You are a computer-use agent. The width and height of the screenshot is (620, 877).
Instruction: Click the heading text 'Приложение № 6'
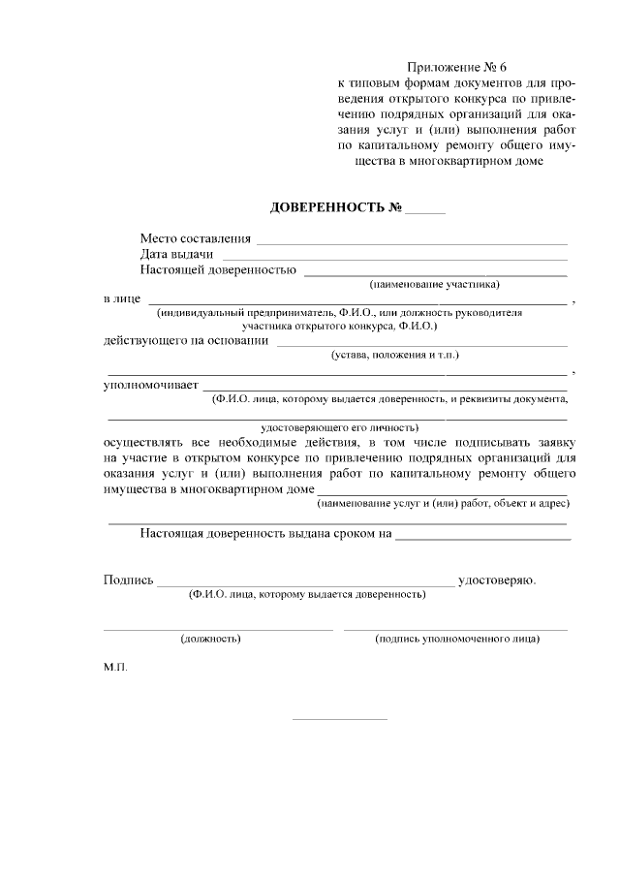pos(456,68)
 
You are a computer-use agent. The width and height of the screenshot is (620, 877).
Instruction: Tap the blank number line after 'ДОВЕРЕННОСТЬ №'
pos(425,211)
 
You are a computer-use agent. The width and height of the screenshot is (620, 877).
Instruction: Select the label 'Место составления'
pos(195,238)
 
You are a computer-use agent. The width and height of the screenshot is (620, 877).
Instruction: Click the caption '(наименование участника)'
pos(435,285)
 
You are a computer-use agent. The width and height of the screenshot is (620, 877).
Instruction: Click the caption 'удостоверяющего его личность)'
pos(339,426)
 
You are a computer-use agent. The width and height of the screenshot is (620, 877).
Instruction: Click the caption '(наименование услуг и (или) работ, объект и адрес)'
pos(443,503)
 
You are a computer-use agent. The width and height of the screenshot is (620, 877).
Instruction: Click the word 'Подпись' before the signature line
pos(128,580)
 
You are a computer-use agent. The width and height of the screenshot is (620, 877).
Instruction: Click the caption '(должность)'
pos(210,639)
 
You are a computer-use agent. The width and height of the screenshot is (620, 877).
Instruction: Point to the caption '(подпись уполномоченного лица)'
pos(456,639)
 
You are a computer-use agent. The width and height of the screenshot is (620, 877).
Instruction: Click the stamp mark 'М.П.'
pos(115,668)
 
